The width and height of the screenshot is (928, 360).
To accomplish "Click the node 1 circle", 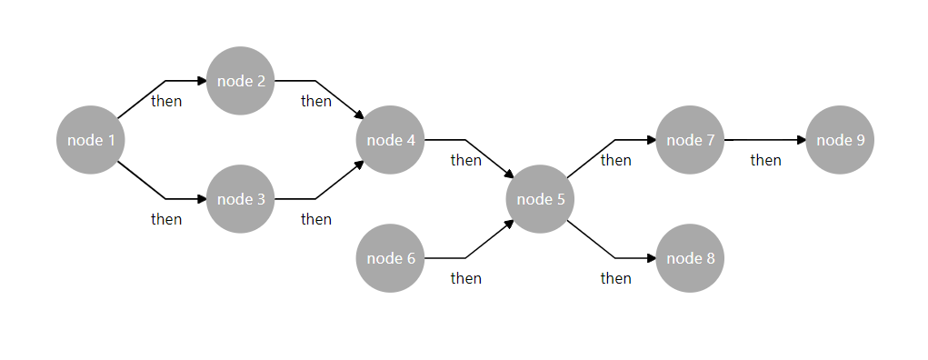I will tap(91, 140).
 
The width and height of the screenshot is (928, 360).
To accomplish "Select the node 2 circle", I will tap(241, 81).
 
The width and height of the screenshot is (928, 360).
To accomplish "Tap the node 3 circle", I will tap(241, 199).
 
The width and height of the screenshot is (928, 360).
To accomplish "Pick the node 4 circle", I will tap(391, 140).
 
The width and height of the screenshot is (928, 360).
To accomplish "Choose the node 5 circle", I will tap(541, 199).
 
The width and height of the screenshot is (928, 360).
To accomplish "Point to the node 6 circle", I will tap(391, 258).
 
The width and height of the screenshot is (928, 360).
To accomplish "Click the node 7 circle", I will tap(691, 140).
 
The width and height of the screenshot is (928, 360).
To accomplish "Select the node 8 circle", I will tap(691, 258).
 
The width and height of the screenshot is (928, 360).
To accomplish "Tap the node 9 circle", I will tap(841, 140).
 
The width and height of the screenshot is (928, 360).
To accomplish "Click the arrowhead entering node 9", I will tap(802, 140).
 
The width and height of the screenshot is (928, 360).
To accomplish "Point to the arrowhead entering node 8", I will tap(652, 258).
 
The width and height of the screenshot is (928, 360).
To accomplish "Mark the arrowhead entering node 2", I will tap(202, 81).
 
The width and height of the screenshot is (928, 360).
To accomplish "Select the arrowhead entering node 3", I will tap(202, 199).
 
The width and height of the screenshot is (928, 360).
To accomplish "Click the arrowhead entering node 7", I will tap(652, 140).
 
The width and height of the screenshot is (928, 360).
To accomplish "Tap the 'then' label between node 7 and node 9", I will tap(765, 160).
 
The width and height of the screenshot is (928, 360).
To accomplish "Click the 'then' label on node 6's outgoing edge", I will tap(465, 278).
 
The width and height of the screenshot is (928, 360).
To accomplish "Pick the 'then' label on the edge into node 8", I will tap(615, 278).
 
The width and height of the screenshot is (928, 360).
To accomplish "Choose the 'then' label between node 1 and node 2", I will tap(166, 101).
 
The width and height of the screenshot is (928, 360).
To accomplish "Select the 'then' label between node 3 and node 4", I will tap(316, 219).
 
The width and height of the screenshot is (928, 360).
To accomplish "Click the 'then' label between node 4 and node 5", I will tap(465, 160).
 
